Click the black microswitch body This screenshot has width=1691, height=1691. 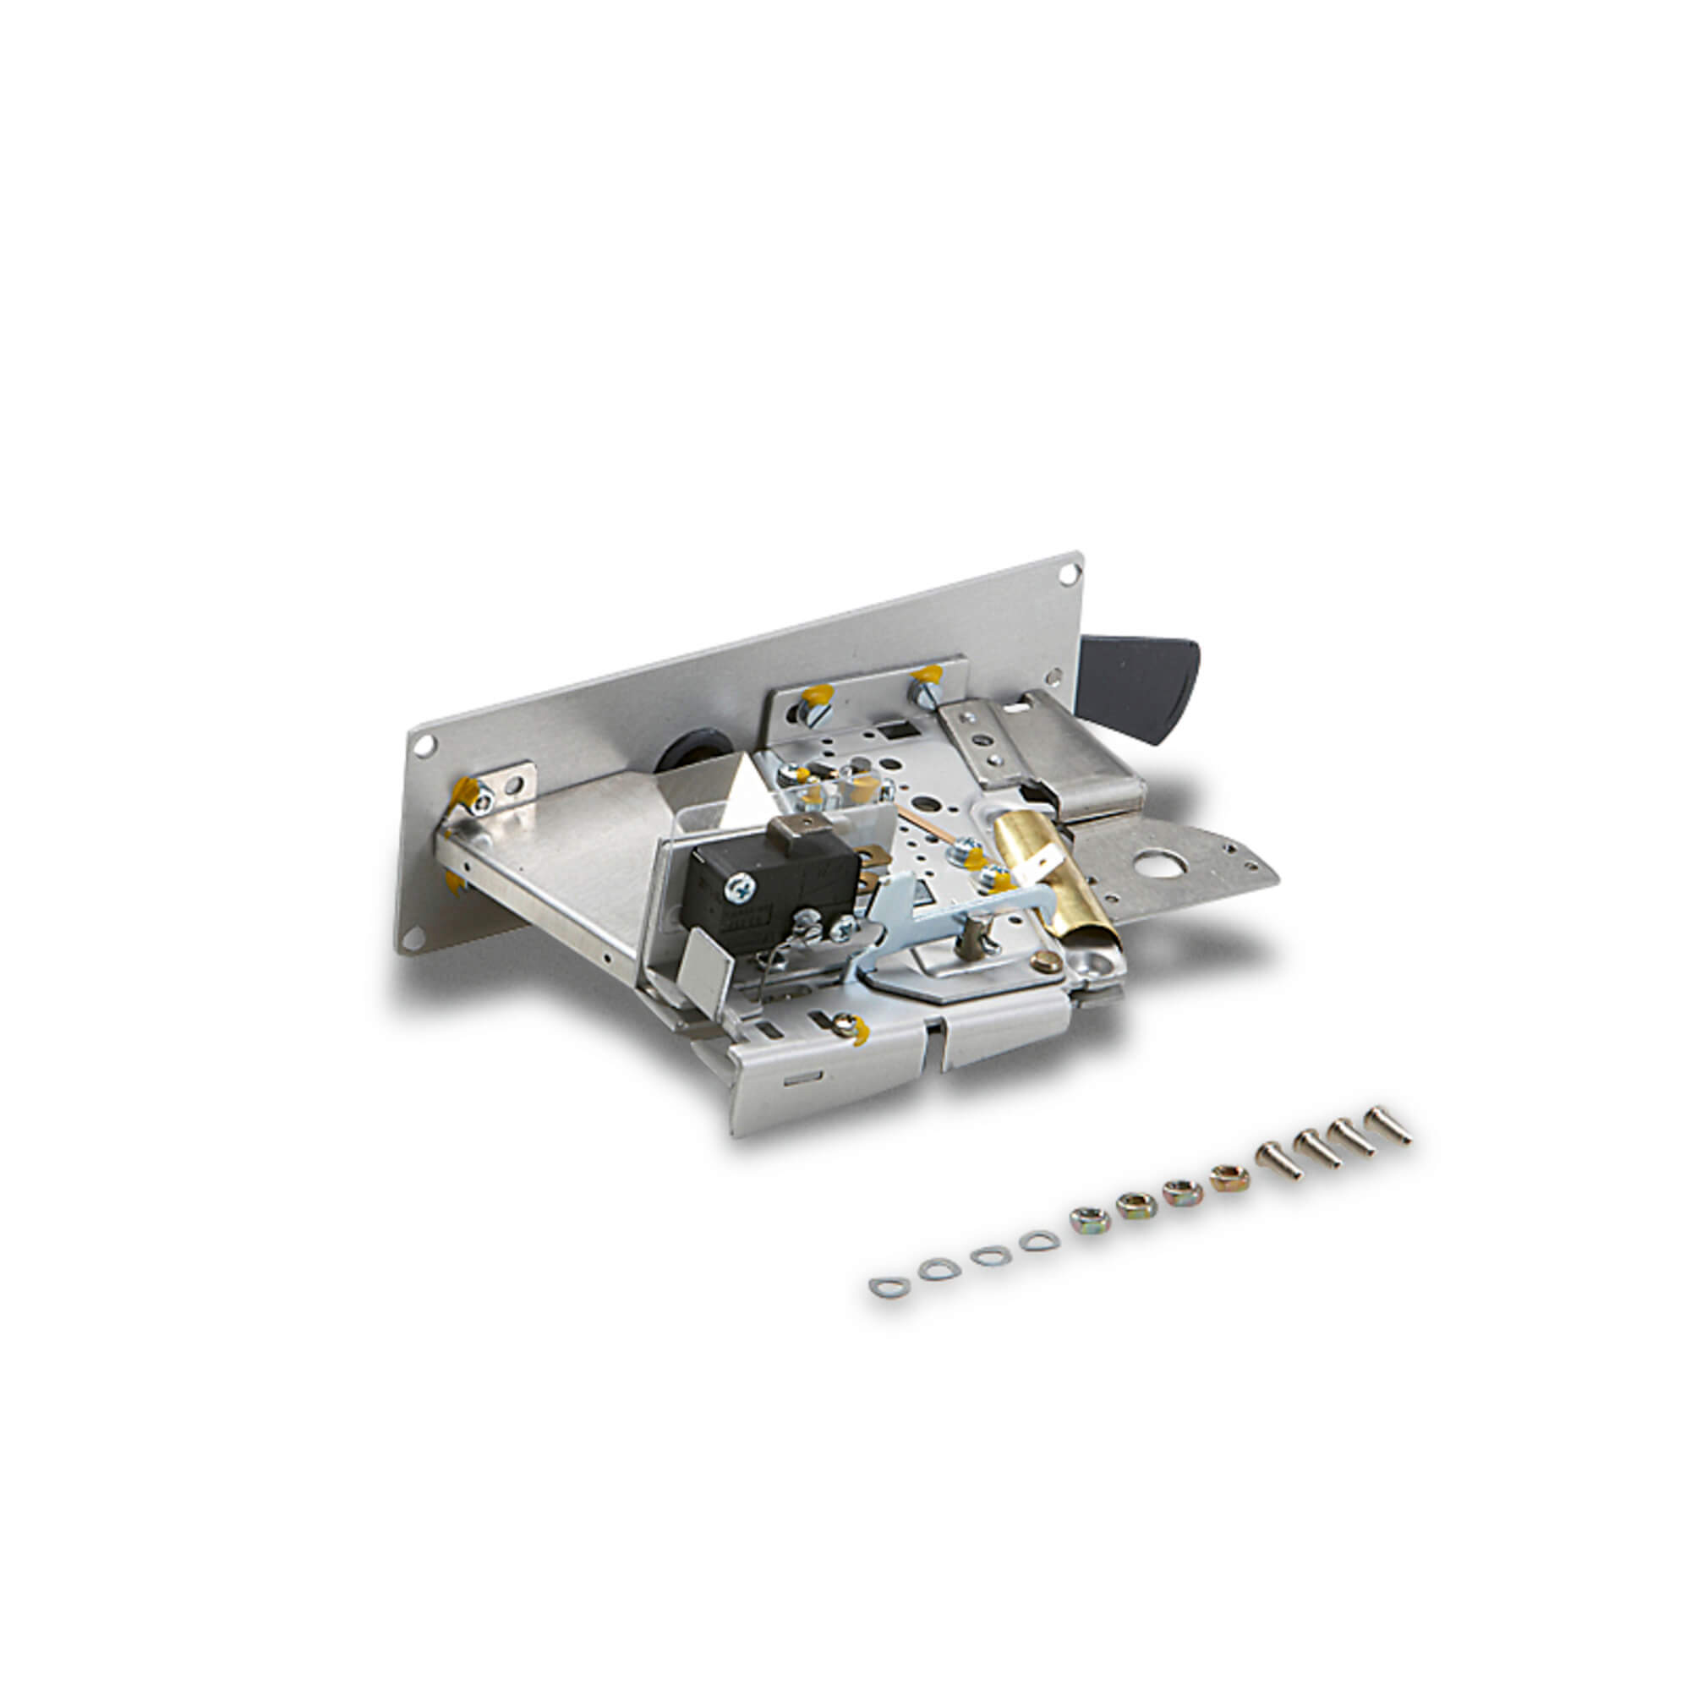coord(770,884)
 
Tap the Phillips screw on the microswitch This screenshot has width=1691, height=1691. coord(740,889)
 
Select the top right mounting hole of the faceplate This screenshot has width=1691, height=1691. coord(1069,574)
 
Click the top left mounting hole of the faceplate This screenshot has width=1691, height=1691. coord(424,746)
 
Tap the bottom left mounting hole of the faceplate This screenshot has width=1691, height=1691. coord(414,939)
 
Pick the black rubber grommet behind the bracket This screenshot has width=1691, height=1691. coord(696,749)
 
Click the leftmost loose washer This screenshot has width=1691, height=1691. coord(889,1287)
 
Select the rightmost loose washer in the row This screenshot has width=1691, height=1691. coord(1039,1240)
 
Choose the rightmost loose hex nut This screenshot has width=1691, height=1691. coord(1229,1178)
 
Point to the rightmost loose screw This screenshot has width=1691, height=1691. coord(1389,1124)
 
